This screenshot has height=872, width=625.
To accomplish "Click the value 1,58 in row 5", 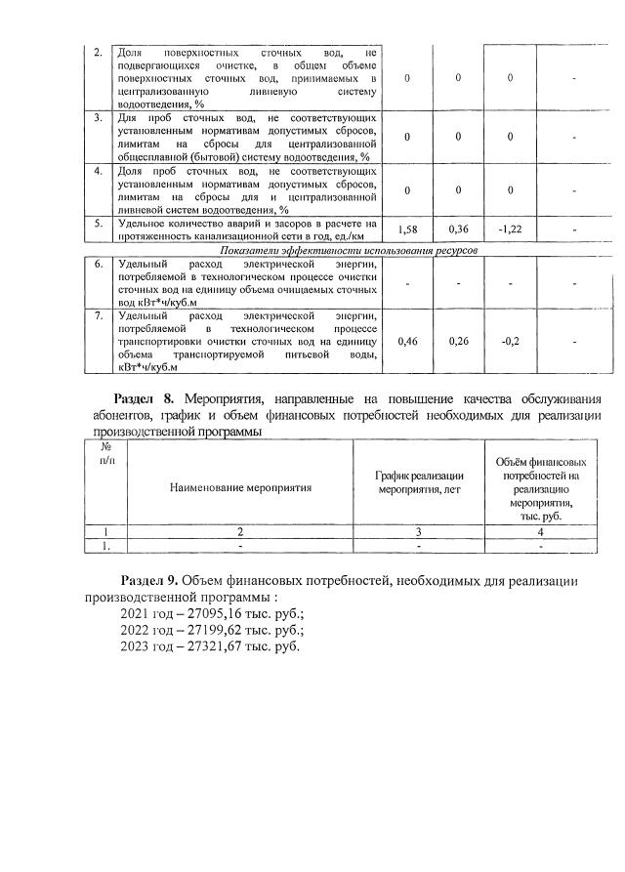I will [x=409, y=228].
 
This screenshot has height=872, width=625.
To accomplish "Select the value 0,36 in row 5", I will [x=459, y=228].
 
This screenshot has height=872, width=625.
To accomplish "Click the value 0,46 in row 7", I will [x=409, y=343].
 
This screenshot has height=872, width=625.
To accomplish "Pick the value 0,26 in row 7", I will [x=459, y=343].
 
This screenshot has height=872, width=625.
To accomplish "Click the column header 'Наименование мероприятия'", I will [x=240, y=485].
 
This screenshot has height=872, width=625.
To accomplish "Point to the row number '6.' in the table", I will [x=98, y=264].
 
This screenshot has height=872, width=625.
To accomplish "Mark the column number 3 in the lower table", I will [x=419, y=533].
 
